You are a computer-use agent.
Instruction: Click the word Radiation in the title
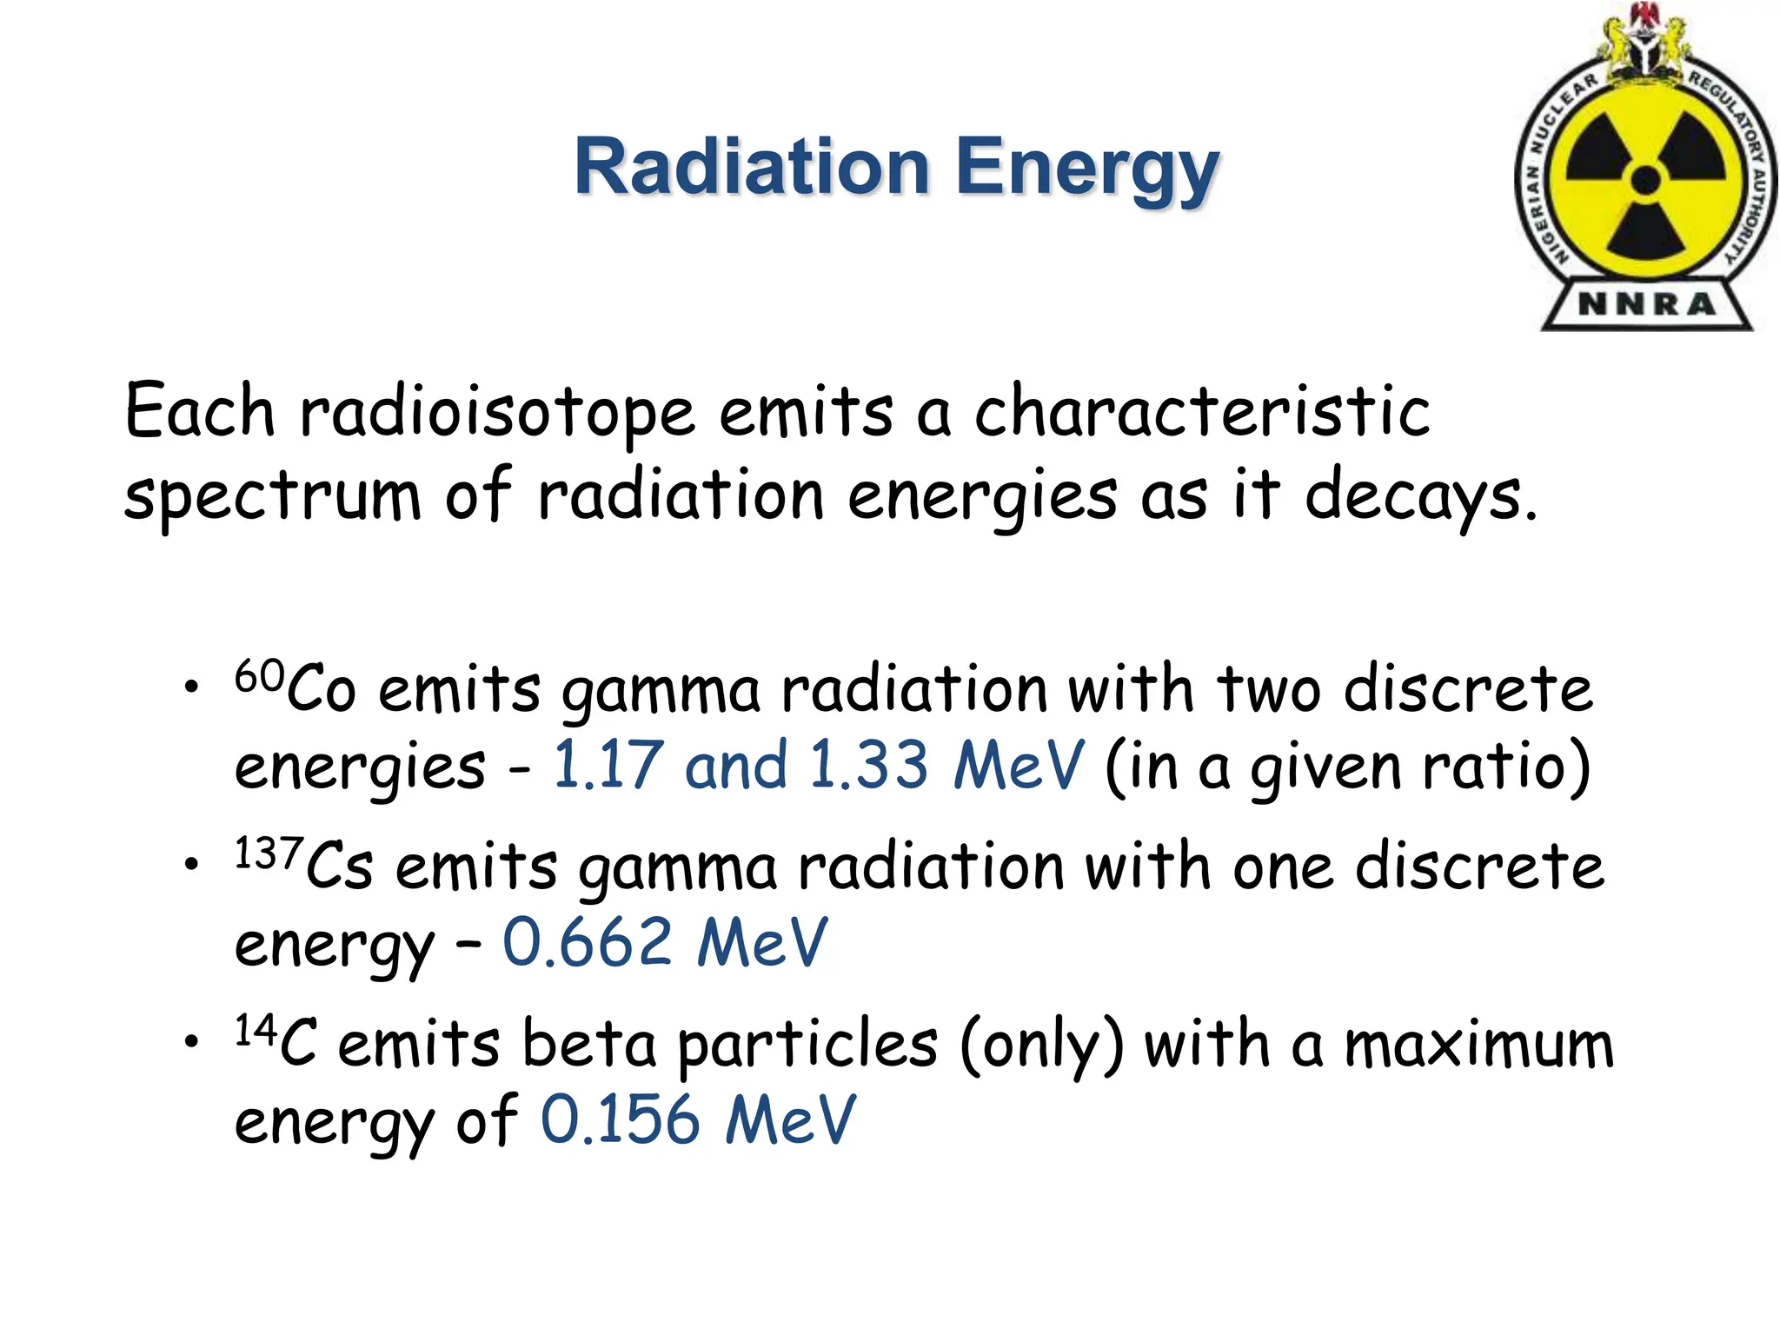752,167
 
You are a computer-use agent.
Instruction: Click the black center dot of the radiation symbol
1645,182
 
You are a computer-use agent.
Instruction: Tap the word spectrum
272,497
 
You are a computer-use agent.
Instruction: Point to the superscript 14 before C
256,1031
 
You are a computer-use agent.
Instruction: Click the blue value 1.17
608,766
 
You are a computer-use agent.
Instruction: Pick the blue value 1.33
868,766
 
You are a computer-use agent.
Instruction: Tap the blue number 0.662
588,942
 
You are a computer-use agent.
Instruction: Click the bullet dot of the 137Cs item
190,864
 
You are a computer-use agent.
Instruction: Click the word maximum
1478,1045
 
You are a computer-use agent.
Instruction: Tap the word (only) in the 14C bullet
1041,1046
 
